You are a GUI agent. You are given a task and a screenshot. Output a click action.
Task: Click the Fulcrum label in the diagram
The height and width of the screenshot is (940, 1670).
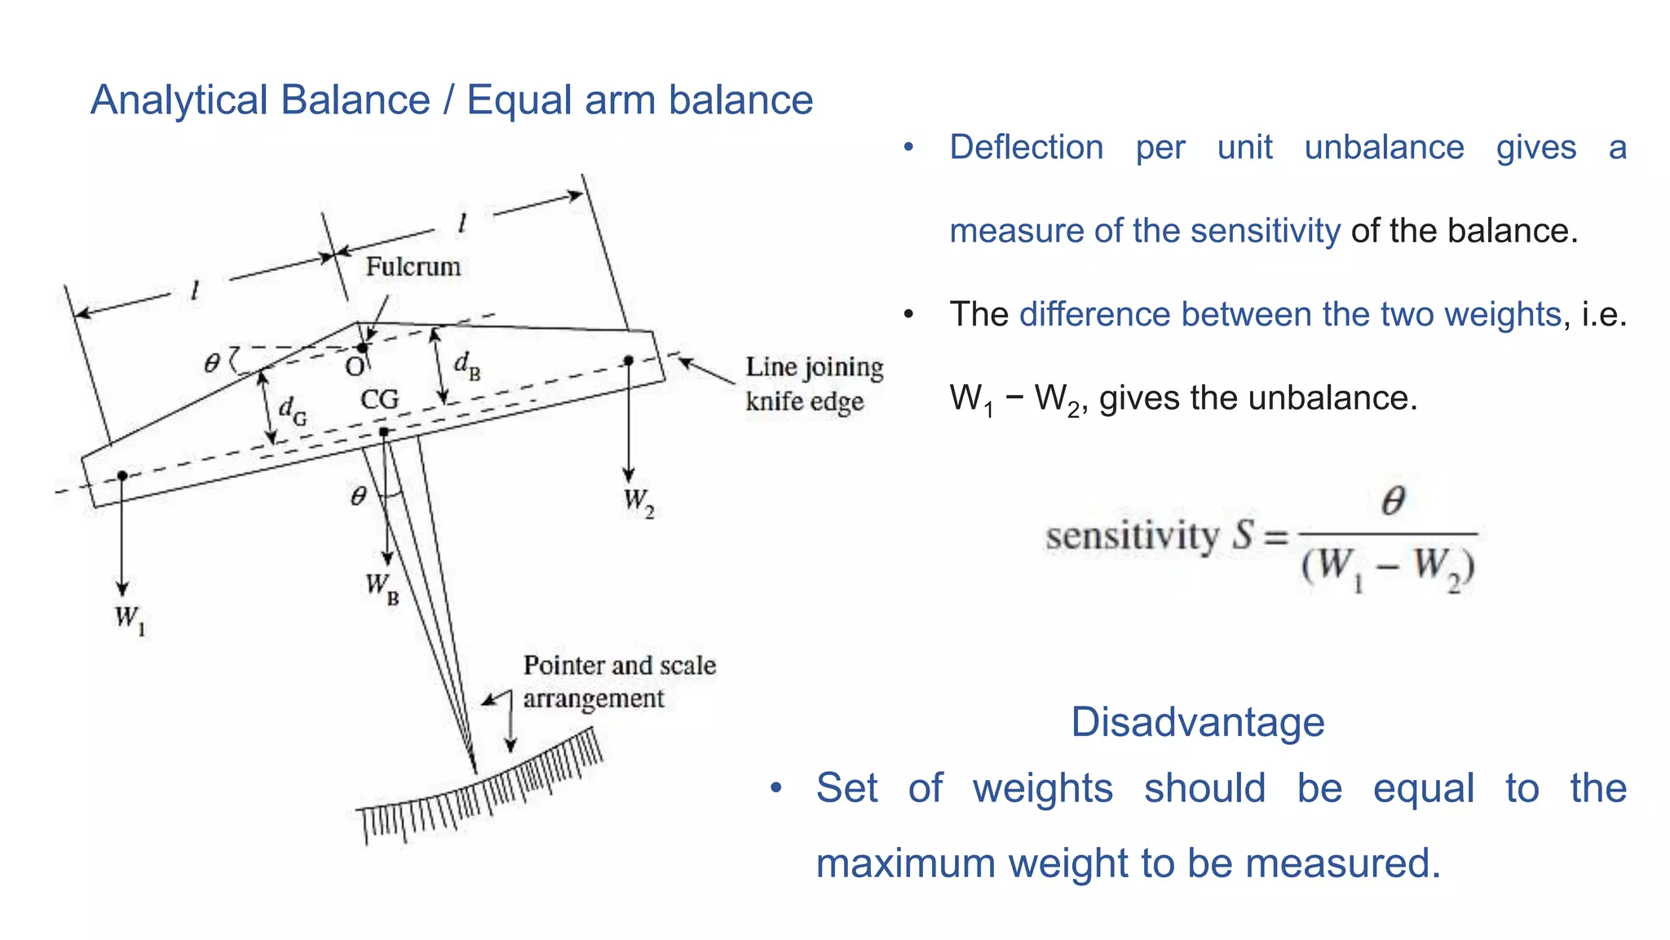(413, 267)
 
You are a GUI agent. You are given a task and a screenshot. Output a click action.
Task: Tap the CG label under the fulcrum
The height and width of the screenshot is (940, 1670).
(380, 400)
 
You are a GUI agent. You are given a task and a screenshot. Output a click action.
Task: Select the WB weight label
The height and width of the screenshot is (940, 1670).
(382, 587)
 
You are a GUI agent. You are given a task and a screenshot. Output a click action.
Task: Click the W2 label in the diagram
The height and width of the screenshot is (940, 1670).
(638, 501)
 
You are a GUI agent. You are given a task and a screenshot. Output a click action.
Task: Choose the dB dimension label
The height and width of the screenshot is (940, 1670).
(467, 365)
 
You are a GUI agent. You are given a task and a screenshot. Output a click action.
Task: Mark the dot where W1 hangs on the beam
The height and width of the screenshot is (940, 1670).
(122, 475)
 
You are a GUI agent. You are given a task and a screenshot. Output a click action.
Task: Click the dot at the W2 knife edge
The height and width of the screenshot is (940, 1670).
(629, 360)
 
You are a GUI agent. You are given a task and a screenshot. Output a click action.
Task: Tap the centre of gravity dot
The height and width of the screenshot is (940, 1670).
(384, 431)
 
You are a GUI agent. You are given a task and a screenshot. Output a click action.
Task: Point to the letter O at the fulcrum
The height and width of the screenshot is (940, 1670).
(355, 367)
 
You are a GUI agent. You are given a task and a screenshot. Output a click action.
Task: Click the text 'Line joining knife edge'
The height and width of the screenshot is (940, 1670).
(814, 384)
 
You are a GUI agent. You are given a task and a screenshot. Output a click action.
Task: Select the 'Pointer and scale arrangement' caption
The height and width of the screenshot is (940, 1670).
(619, 681)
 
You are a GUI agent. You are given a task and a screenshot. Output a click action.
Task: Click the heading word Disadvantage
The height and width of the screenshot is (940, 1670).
(1197, 722)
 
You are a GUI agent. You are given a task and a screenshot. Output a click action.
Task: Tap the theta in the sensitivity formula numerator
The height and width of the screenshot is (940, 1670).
(1393, 500)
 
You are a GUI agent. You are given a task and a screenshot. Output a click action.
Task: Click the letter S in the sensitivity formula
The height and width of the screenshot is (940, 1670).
(1243, 536)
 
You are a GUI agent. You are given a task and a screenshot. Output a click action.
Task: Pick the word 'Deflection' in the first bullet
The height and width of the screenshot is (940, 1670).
(1027, 148)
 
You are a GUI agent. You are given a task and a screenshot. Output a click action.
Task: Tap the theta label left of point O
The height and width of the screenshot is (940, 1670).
(212, 362)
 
